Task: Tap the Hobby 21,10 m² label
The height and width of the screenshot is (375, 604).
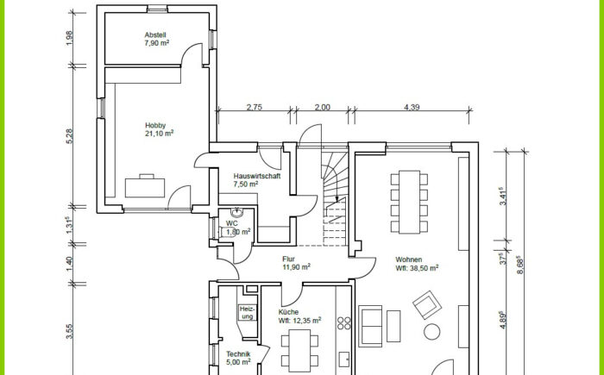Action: (159, 129)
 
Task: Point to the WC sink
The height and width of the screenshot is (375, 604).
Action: (236, 212)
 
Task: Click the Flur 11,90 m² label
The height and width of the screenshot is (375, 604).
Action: (296, 263)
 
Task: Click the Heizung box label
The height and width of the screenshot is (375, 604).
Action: (247, 313)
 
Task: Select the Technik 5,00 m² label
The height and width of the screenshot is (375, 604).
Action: (238, 358)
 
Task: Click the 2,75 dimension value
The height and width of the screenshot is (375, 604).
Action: (255, 107)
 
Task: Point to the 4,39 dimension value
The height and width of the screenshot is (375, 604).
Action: (412, 107)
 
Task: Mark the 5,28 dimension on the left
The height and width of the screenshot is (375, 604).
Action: (69, 136)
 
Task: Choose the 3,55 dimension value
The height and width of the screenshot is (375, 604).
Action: (69, 332)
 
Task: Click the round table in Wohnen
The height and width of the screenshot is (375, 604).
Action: (431, 332)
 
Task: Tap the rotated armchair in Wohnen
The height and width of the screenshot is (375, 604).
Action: (427, 305)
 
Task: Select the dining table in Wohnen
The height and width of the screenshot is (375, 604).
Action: (409, 202)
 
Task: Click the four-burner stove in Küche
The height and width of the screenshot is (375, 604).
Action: (344, 323)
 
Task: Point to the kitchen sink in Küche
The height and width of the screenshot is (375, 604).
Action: (344, 359)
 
